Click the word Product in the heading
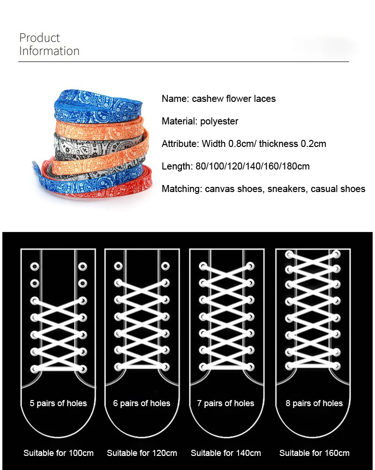39,38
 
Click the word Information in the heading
49,51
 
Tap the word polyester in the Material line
219,121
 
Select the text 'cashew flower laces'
234,99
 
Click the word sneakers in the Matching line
288,189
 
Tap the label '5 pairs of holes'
58,403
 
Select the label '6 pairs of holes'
142,403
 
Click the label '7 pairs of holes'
225,403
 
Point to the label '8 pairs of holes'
314,403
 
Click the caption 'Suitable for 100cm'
59,453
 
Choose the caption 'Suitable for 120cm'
142,453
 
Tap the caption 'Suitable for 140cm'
225,453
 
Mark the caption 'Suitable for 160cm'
314,453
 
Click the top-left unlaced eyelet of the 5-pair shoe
35,266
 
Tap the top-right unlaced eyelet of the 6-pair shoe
165,266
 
